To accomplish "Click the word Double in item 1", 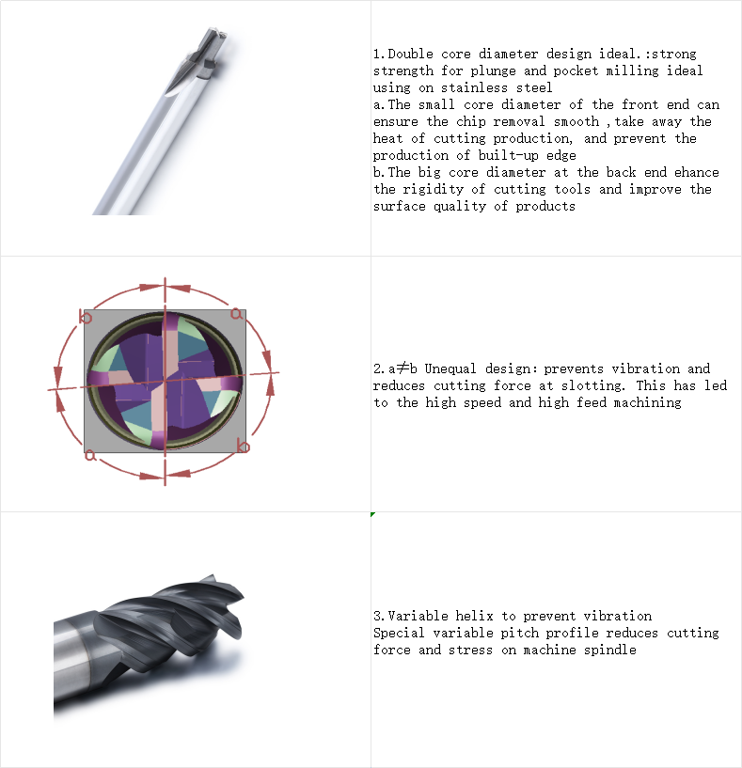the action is (x=410, y=54).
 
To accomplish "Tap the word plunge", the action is (x=493, y=71).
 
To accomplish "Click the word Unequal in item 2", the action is (x=450, y=368).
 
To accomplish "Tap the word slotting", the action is (x=593, y=385).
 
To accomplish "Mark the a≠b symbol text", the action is (x=403, y=368).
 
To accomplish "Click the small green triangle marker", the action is (x=373, y=514).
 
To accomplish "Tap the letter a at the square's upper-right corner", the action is (x=236, y=313).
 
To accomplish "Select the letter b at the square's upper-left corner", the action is (x=86, y=317).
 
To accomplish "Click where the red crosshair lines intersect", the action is (x=166, y=380).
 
